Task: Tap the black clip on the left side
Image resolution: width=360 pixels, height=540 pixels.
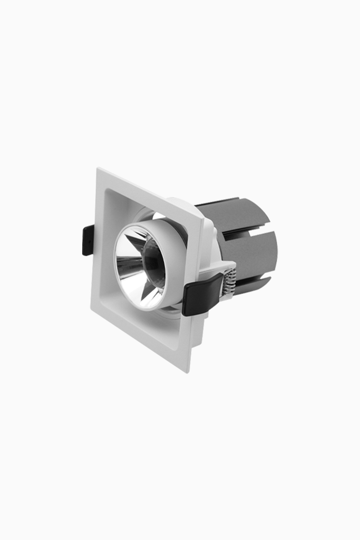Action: (88, 240)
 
